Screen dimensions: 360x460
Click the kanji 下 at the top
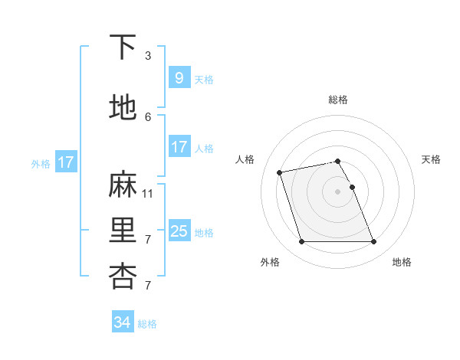pos(123,47)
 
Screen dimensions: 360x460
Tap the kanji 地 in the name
pos(123,108)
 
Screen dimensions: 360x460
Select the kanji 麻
pos(123,185)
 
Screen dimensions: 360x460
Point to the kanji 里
pos(123,231)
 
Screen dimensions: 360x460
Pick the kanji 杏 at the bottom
pos(123,277)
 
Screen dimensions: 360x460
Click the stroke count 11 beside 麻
pos(148,193)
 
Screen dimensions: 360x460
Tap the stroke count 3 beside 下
pos(148,55)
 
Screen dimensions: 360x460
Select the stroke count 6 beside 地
pos(148,116)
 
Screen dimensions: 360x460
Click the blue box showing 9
pos(179,77)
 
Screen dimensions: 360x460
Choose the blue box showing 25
pos(179,231)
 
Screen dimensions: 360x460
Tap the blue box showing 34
pos(122,322)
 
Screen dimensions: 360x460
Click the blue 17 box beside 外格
pos(65,162)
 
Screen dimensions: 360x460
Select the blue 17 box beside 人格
pos(179,147)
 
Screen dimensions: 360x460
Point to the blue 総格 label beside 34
pos(147,324)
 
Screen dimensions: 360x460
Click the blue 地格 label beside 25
pos(204,232)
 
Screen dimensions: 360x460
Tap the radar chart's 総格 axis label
pos(337,100)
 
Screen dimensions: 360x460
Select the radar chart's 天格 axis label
pos(431,159)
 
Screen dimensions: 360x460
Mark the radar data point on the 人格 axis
pos(280,172)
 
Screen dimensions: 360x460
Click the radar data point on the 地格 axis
pos(373,242)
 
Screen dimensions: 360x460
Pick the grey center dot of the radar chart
pos(337,191)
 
